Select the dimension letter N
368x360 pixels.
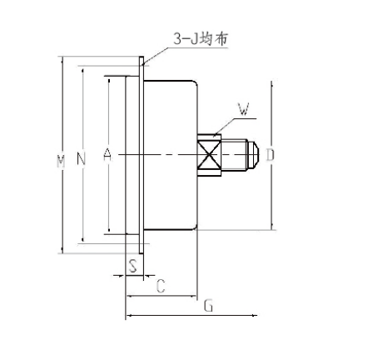pyautogui.click(x=81, y=157)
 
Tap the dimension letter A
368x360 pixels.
pyautogui.click(x=107, y=155)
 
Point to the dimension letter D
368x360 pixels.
pyautogui.click(x=271, y=155)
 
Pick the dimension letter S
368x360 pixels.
pyautogui.click(x=133, y=266)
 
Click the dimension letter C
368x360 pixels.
pyautogui.click(x=161, y=286)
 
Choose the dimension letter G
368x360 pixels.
pyautogui.click(x=208, y=306)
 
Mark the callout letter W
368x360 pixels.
pyautogui.click(x=243, y=107)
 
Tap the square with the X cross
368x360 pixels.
pyautogui.click(x=209, y=155)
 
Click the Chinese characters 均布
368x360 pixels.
pyautogui.click(x=211, y=38)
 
